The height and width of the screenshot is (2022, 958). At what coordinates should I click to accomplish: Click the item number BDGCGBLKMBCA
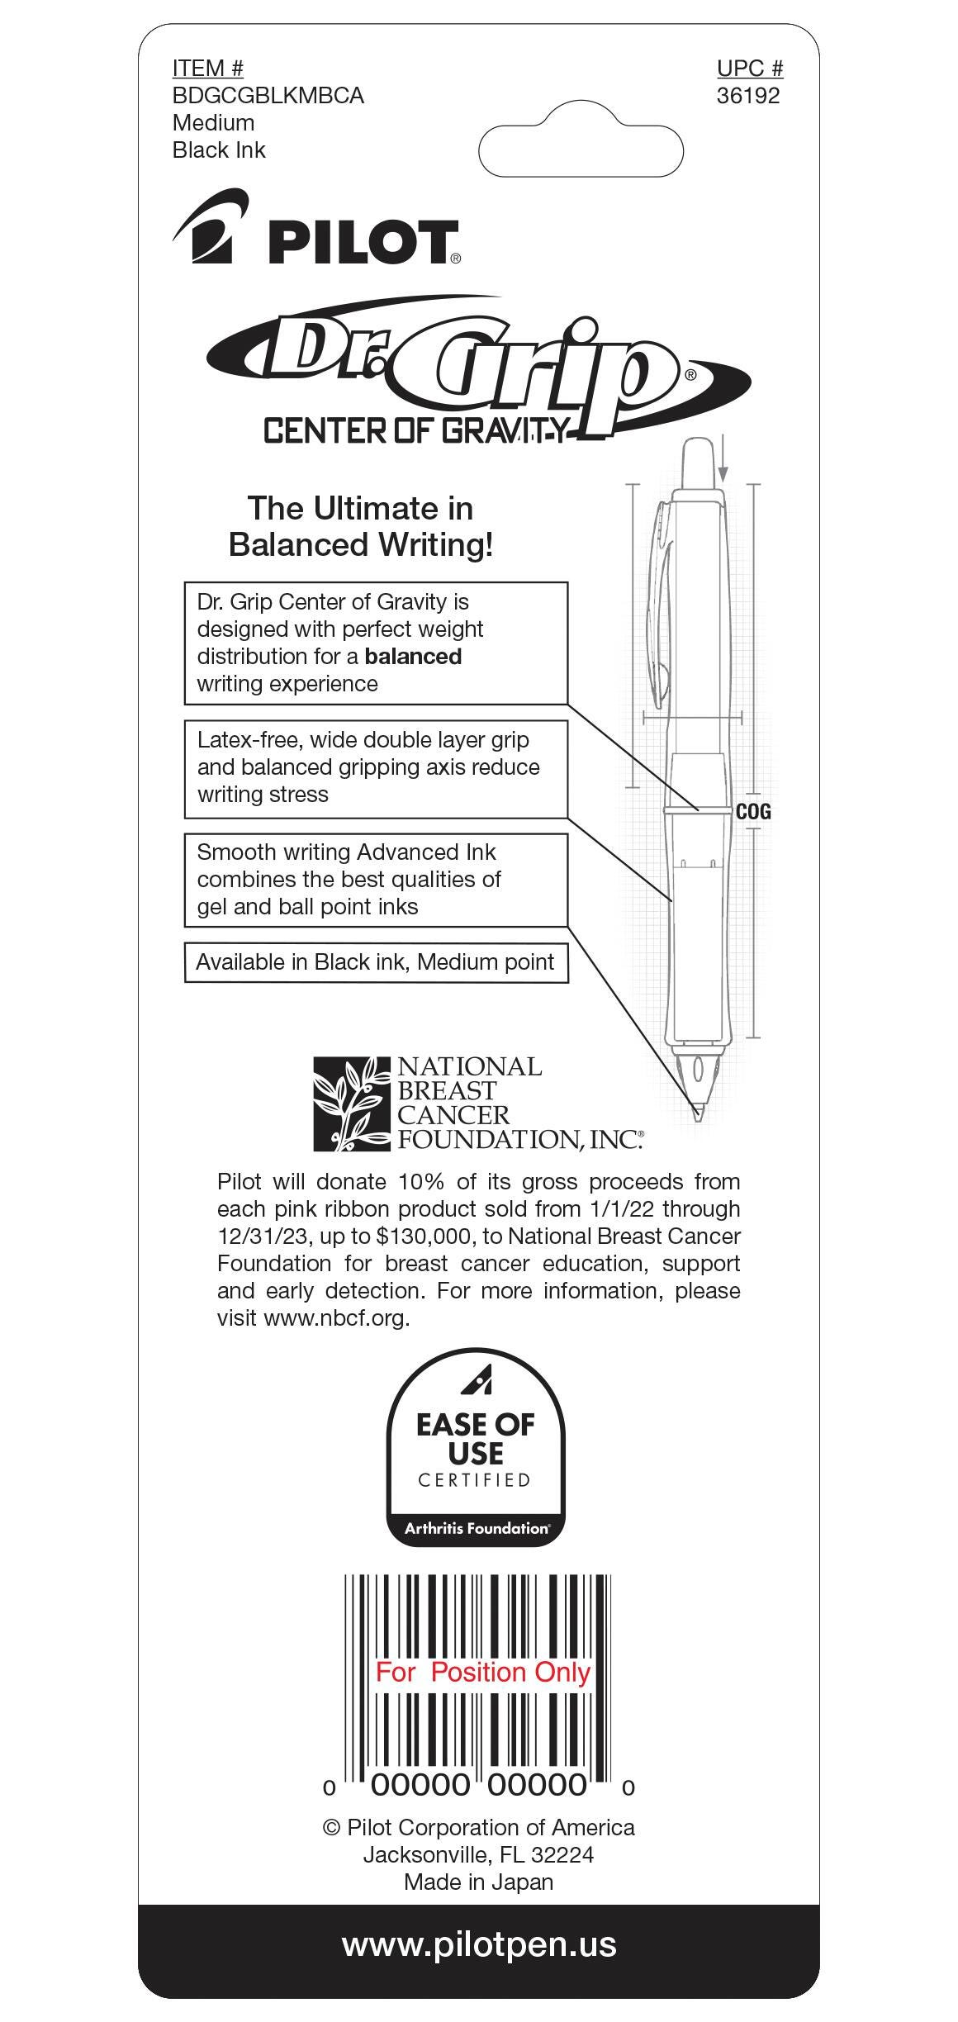point(268,96)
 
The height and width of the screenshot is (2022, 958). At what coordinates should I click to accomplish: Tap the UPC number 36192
point(748,96)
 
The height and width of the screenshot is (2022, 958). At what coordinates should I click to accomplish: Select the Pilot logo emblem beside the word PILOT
point(211,226)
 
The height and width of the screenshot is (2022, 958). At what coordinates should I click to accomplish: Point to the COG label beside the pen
point(753,812)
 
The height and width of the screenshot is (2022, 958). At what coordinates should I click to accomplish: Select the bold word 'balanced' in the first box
point(413,657)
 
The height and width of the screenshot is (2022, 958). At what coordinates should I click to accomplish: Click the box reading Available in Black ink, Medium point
point(376,962)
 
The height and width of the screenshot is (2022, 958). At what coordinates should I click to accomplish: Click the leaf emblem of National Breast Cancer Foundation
point(351,1104)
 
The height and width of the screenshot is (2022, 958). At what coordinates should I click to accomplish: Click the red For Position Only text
point(483,1672)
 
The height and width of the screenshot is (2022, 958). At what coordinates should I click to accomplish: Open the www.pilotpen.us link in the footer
point(479,1945)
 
